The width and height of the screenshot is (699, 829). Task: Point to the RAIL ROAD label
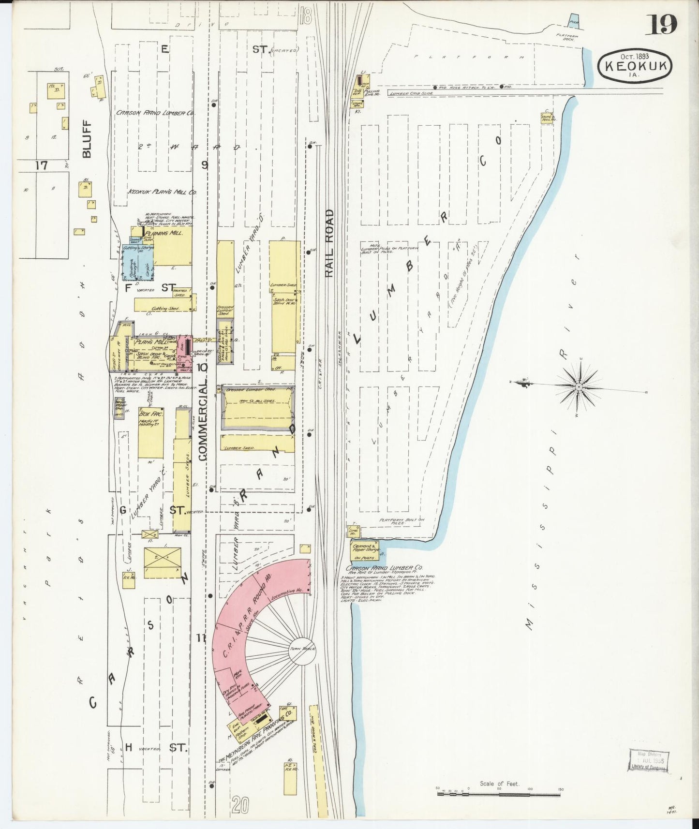click(329, 243)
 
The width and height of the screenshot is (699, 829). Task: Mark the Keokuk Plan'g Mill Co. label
click(162, 192)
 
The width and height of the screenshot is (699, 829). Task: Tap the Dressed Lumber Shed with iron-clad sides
click(257, 409)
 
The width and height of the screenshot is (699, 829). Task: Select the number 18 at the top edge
click(305, 15)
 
